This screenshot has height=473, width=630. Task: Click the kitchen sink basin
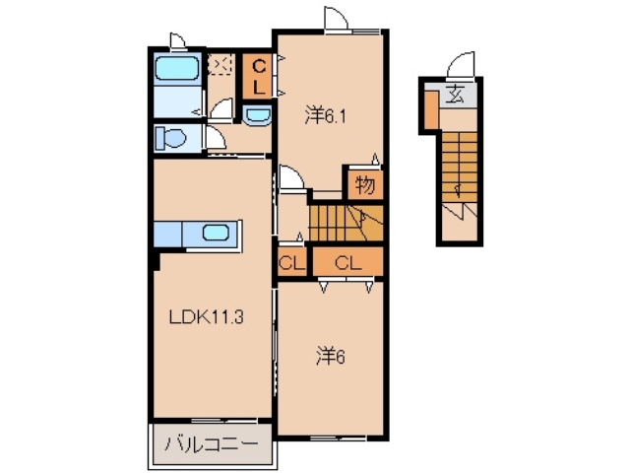[216, 234]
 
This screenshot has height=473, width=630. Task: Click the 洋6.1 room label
[326, 115]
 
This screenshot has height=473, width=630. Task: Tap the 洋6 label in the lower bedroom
[330, 356]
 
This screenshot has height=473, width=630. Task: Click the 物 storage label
[363, 184]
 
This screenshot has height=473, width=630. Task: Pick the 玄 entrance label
[457, 95]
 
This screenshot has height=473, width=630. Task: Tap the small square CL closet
[290, 262]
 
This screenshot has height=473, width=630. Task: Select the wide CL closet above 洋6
[346, 262]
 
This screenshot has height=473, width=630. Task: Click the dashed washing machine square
[221, 65]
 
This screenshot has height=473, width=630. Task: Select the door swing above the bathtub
[177, 40]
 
